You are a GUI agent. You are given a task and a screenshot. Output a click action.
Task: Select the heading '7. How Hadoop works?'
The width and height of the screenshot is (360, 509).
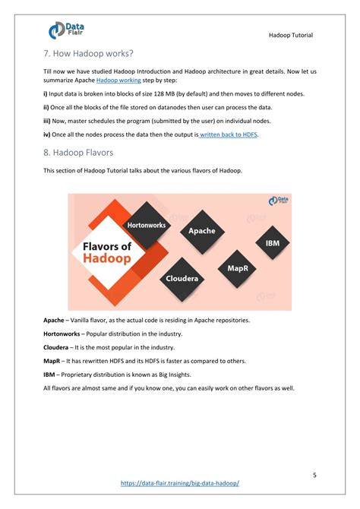87,53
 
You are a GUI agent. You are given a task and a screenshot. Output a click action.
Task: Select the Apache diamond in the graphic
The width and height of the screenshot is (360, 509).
201,231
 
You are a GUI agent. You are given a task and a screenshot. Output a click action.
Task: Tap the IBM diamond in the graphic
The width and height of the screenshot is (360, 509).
271,243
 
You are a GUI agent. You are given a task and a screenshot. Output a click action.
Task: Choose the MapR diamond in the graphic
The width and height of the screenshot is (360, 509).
232,267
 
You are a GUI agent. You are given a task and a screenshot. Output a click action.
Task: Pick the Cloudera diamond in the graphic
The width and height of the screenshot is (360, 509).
182,278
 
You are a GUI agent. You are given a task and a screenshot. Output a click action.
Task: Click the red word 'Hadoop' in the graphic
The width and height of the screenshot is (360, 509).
106,258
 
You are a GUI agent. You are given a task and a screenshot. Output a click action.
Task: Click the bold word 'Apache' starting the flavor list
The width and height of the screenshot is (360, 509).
54,320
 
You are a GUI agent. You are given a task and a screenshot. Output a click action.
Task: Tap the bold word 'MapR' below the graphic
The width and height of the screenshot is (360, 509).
52,361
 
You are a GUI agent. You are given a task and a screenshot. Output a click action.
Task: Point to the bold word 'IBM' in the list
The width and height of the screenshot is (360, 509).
49,375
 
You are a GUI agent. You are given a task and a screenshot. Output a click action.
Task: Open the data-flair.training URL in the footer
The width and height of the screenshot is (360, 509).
180,483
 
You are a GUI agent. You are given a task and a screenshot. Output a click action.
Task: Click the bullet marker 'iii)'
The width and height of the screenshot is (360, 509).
47,120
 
